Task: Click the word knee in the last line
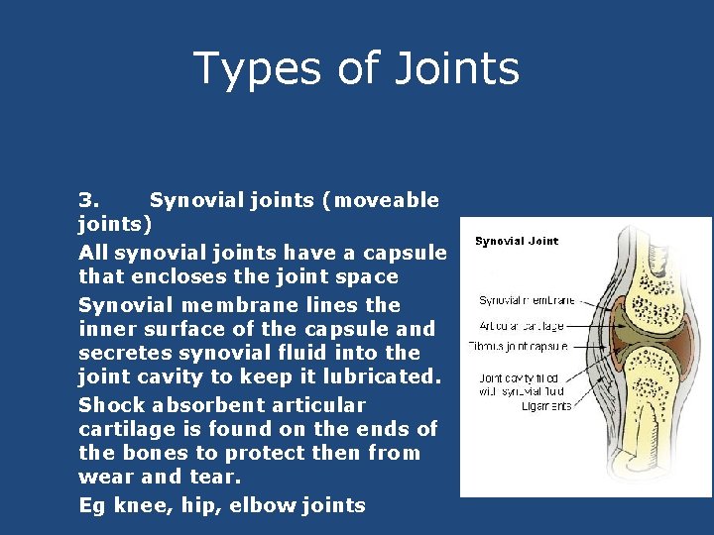pyautogui.click(x=137, y=505)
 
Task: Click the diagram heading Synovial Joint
pyautogui.click(x=516, y=241)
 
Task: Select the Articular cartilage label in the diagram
pyautogui.click(x=522, y=324)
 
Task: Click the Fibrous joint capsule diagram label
pyautogui.click(x=518, y=346)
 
